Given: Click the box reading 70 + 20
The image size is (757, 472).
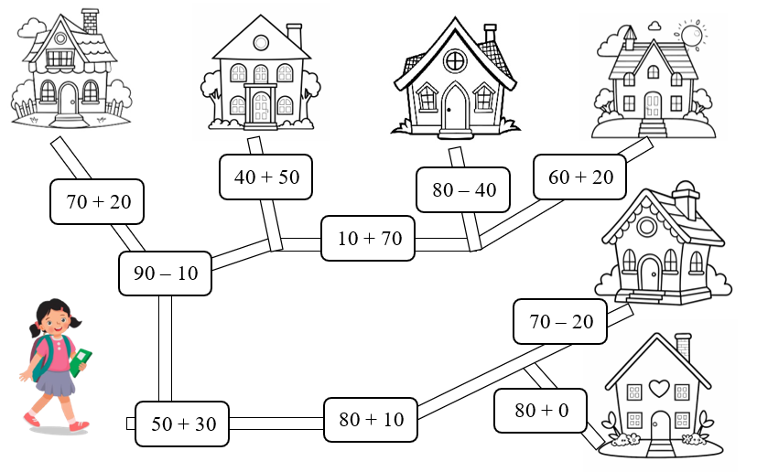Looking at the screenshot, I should click(98, 202).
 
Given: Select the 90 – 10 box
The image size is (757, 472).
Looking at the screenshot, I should click(165, 274).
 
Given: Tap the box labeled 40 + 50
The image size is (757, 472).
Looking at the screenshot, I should click(266, 177).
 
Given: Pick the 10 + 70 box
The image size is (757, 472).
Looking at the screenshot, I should click(369, 239).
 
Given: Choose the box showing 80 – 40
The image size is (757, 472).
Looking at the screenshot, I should click(463, 190).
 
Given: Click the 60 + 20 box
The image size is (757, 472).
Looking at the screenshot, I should click(580, 177).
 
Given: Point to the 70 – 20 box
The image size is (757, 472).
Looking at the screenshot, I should click(561, 321).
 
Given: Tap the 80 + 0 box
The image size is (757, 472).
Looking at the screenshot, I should click(541, 411).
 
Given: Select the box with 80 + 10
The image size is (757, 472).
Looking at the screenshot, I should click(371, 420).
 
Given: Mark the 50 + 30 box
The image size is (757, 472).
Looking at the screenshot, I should click(183, 424).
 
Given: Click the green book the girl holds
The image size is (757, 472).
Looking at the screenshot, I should click(81, 359).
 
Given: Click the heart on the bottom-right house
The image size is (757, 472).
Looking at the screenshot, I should click(659, 388).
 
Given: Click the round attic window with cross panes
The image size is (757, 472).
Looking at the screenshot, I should click(455, 61).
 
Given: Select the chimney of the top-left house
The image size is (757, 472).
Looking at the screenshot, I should click(90, 20).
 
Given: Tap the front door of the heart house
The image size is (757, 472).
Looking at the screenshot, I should click(660, 425).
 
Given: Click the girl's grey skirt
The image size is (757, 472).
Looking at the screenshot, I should click(57, 381).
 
